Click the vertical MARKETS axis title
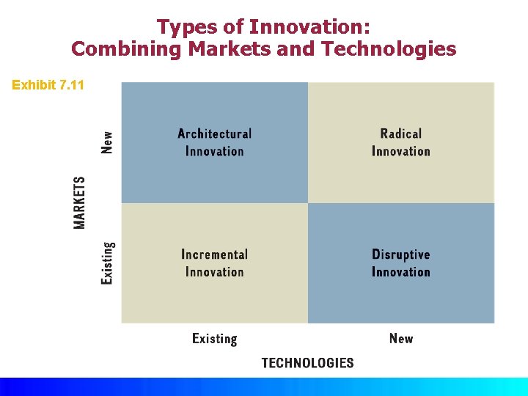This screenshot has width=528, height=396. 79,202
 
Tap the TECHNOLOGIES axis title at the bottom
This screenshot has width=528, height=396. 307,363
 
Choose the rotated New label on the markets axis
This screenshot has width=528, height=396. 108,142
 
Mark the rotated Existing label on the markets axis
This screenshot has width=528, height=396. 108,263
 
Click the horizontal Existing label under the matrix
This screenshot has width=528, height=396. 214,339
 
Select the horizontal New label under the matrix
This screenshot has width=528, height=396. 401,338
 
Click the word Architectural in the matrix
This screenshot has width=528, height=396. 214,133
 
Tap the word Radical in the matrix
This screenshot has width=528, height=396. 401,133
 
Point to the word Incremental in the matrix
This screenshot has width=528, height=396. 214,254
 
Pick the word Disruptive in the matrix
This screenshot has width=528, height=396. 401,254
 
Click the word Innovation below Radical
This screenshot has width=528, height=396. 401,151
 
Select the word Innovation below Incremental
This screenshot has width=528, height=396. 214,272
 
